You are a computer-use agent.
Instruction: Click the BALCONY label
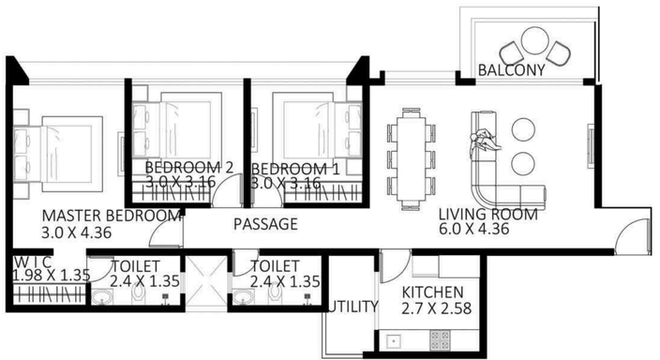(512, 71)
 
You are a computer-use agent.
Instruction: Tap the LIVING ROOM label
(488, 214)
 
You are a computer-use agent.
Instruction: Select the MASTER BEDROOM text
(111, 215)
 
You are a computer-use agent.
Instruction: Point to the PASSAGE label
(265, 224)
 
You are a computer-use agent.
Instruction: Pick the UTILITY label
(354, 307)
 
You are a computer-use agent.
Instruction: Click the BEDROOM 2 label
(188, 169)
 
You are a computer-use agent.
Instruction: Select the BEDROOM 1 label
(295, 169)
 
